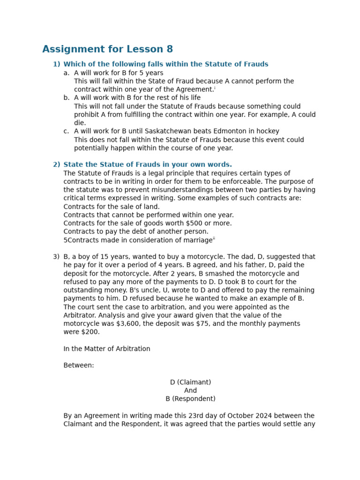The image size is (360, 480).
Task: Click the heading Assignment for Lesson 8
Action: click(x=107, y=49)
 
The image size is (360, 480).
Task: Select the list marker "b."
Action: click(x=67, y=97)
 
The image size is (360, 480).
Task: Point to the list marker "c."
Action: click(x=67, y=131)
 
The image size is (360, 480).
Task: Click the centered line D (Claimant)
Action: click(x=190, y=382)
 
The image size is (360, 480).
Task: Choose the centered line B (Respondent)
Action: click(x=190, y=399)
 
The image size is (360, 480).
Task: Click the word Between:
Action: click(x=79, y=365)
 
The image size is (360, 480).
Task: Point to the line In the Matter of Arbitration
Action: click(x=107, y=349)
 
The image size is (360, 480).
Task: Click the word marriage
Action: click(x=197, y=240)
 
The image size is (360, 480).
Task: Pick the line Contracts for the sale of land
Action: click(x=112, y=206)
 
